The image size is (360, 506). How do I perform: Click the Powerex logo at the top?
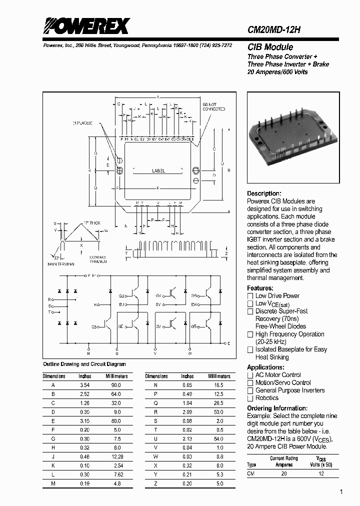pos(86,25)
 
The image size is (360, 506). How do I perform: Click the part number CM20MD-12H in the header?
pos(274,29)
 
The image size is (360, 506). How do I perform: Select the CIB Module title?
pos(270,47)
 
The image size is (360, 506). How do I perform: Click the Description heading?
pos(264,193)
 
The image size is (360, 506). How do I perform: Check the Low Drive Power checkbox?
pos(250,296)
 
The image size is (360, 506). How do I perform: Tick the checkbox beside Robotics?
pos(250,398)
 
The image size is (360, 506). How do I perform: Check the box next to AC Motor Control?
pos(250,375)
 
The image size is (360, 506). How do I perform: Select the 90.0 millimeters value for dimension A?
pos(116,385)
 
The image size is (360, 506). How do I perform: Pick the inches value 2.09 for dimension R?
pos(187,411)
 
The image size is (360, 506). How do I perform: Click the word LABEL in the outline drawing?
pos(158,171)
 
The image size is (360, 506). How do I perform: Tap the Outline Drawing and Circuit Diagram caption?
pos(84,364)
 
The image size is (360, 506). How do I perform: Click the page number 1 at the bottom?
pos(341,492)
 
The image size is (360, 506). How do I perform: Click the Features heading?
pos(260,288)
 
